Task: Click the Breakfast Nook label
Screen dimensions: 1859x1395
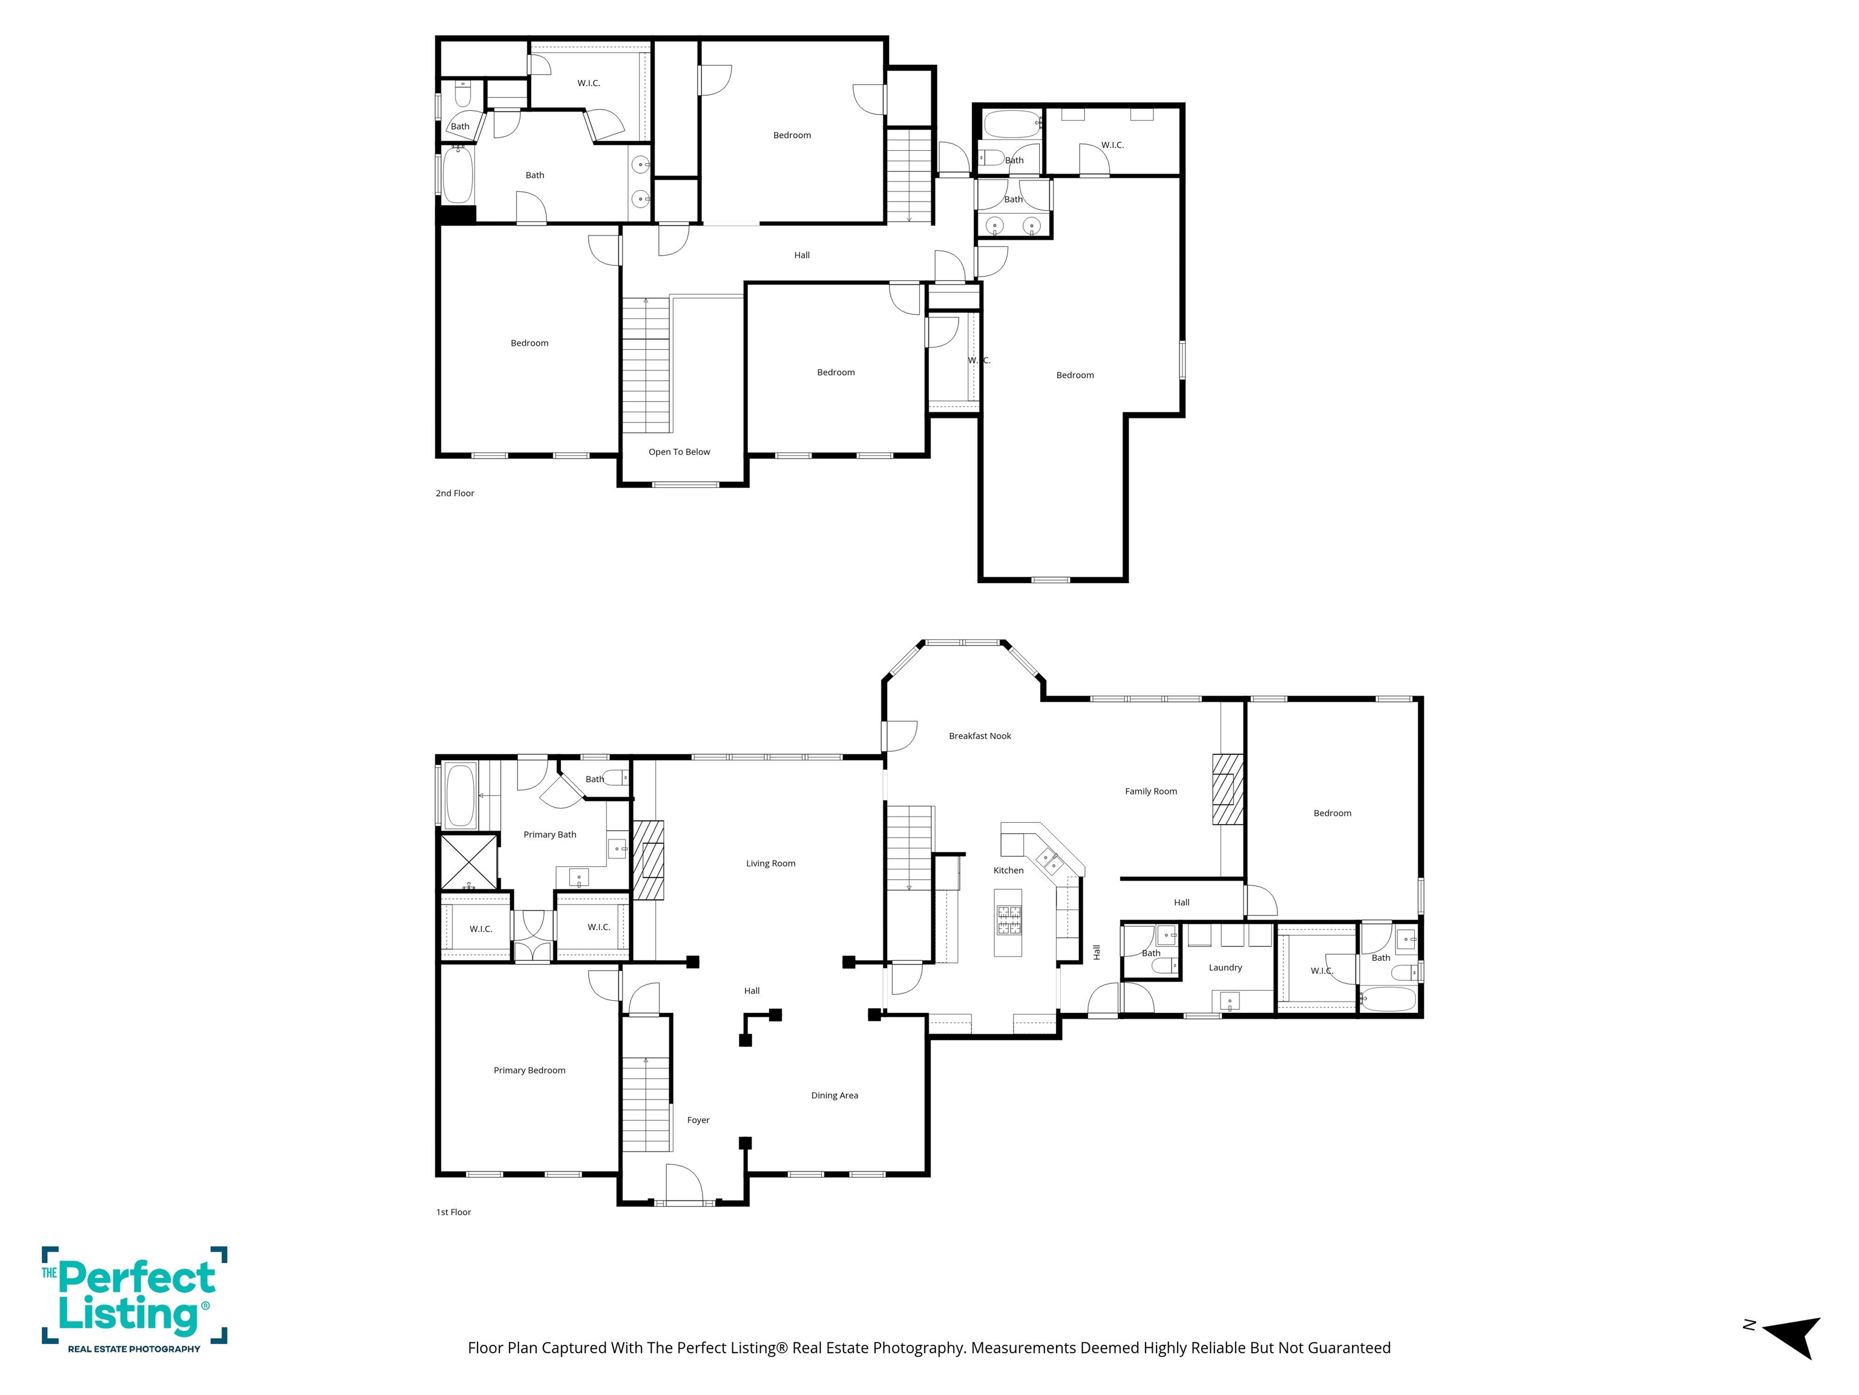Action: (980, 736)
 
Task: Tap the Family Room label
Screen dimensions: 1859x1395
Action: (1150, 791)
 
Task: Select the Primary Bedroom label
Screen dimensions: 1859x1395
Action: (530, 1070)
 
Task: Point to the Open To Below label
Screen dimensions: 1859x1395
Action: (679, 452)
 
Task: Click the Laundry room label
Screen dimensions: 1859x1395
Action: (1225, 968)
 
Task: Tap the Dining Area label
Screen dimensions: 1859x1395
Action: (834, 1096)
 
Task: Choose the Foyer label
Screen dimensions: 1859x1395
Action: (698, 1120)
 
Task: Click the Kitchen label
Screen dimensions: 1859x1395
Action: (1009, 870)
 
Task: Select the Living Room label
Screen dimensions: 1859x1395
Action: (771, 863)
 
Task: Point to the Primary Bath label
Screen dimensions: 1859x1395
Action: (549, 835)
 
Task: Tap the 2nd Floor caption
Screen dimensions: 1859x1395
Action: (454, 493)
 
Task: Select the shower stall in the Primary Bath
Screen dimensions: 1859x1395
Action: (469, 860)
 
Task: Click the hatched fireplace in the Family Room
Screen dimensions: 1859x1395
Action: (1227, 789)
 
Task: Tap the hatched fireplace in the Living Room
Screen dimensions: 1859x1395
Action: (648, 861)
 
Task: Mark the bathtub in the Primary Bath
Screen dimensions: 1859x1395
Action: (461, 794)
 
